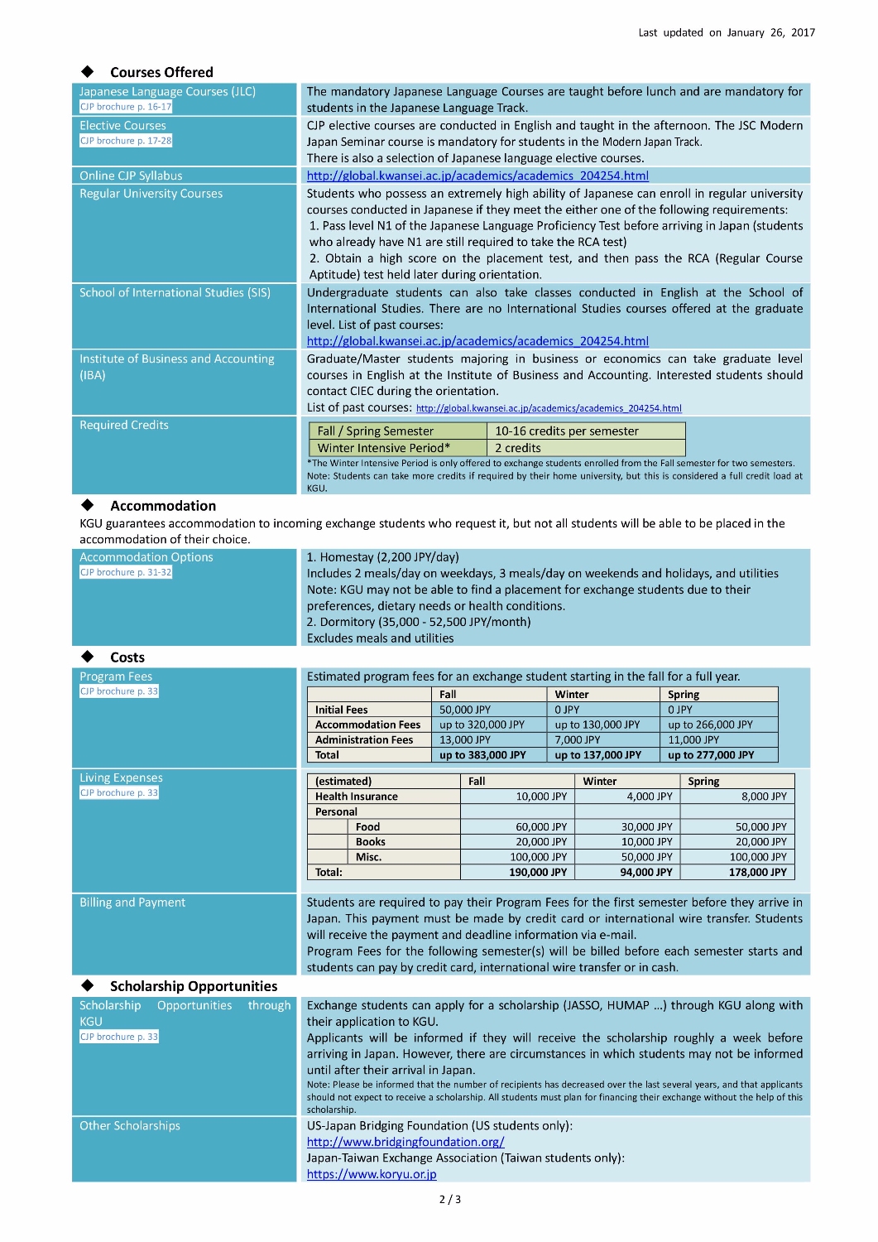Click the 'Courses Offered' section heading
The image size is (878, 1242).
click(x=161, y=72)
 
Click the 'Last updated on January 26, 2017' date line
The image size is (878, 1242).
click(x=726, y=32)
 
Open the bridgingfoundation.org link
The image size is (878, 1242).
click(x=405, y=1142)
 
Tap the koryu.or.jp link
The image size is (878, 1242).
click(x=372, y=1174)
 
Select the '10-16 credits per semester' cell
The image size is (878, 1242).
click(x=567, y=431)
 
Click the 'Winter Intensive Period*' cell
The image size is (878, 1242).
click(x=384, y=448)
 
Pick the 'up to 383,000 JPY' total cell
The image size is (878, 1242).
click(x=482, y=755)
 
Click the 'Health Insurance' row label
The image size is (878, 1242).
click(x=357, y=797)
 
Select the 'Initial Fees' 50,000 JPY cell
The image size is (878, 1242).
click(x=465, y=710)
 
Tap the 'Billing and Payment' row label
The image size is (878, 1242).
click(x=132, y=903)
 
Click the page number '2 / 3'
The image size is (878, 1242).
click(x=449, y=1199)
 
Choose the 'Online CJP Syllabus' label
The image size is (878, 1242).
click(x=131, y=176)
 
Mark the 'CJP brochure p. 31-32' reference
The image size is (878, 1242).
click(x=126, y=572)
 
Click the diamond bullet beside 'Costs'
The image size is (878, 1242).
click(x=88, y=657)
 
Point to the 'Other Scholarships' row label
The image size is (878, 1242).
click(x=130, y=1126)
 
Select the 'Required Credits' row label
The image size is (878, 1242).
click(x=124, y=425)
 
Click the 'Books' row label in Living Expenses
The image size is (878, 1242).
click(x=370, y=842)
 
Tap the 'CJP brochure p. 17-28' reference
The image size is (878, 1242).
click(x=126, y=141)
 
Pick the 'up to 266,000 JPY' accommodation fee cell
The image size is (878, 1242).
click(x=710, y=724)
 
